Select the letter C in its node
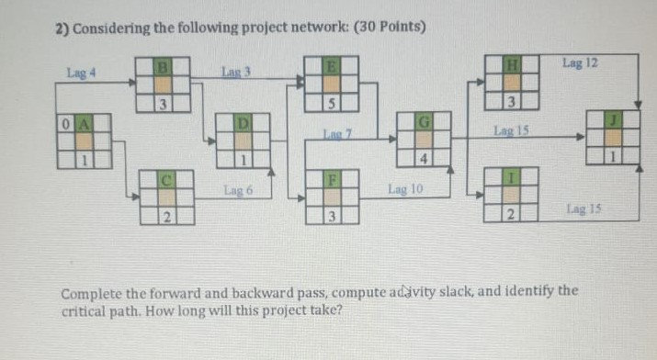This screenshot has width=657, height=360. tap(167, 180)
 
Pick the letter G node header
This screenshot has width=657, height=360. tap(424, 122)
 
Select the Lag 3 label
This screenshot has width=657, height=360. tap(236, 71)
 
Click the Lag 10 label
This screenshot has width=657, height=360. tap(404, 190)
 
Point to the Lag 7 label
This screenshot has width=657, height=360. tap(333, 135)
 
